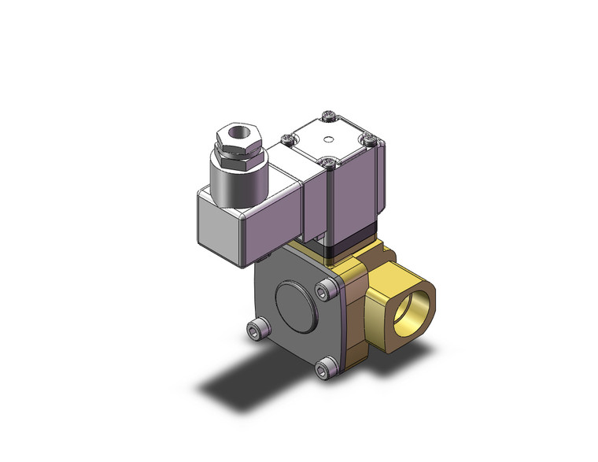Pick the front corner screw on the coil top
click(x=329, y=164)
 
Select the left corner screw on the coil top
click(x=288, y=141)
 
